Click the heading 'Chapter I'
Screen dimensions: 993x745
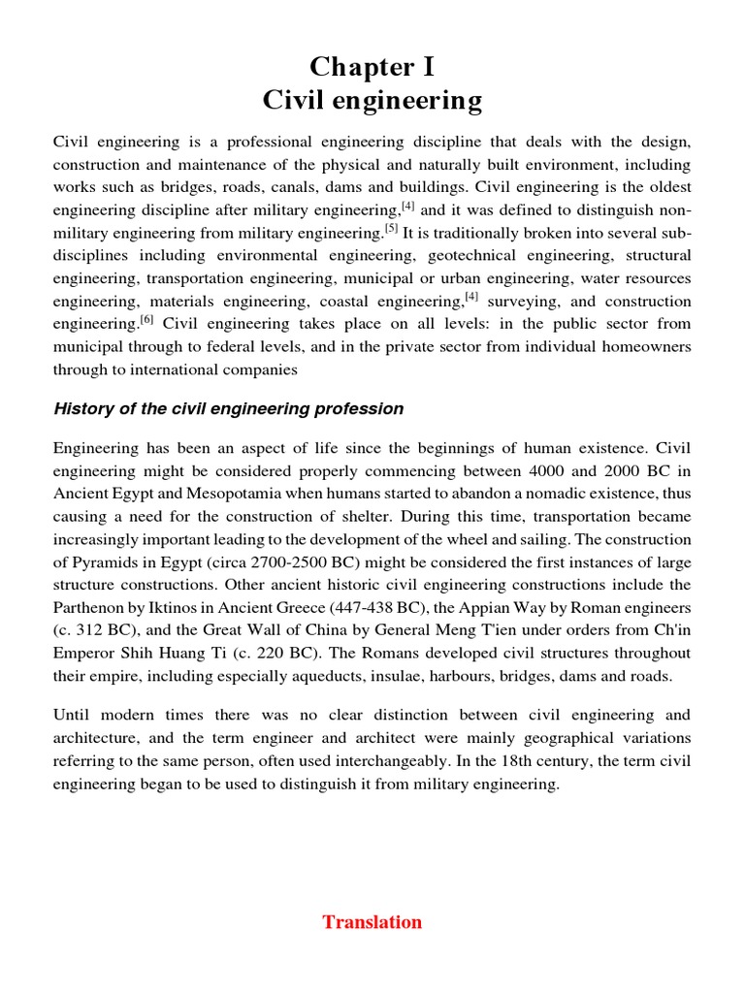372,67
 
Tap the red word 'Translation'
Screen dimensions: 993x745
372,922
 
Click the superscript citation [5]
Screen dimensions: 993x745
391,229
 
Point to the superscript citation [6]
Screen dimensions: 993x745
146,318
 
